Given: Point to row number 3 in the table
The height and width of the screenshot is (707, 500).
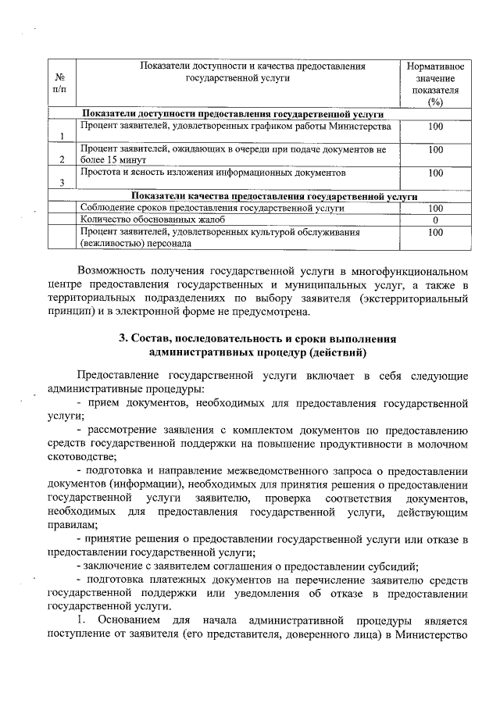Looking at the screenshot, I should point(61,184).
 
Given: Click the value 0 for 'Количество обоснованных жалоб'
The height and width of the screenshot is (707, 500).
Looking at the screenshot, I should point(435,220).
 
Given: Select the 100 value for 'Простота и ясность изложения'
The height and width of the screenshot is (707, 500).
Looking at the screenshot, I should point(435,173).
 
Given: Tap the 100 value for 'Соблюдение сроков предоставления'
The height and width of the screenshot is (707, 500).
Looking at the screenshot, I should point(435,209).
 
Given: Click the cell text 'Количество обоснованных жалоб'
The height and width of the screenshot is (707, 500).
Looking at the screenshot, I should point(148,220).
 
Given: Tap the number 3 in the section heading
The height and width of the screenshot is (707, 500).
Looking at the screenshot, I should point(122,339).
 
